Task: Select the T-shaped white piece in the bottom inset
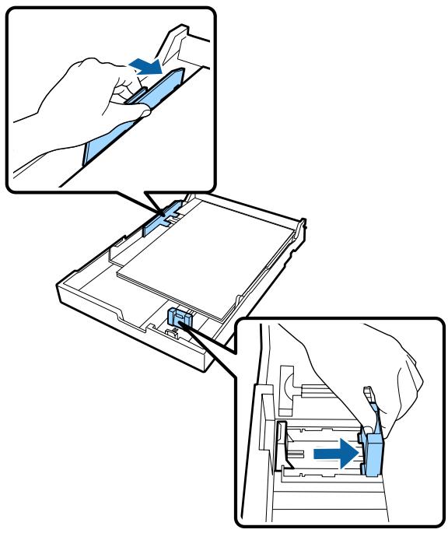289,390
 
